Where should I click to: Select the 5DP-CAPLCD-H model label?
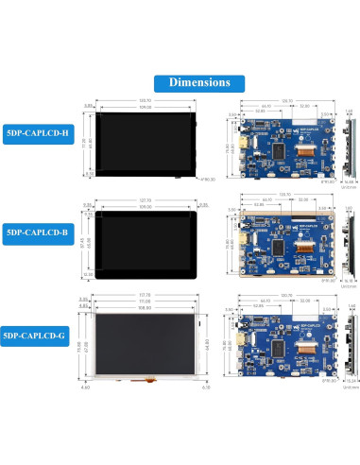point(38,133)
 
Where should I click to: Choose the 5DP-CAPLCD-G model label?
point(38,333)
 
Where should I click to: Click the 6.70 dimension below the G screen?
point(205,387)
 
